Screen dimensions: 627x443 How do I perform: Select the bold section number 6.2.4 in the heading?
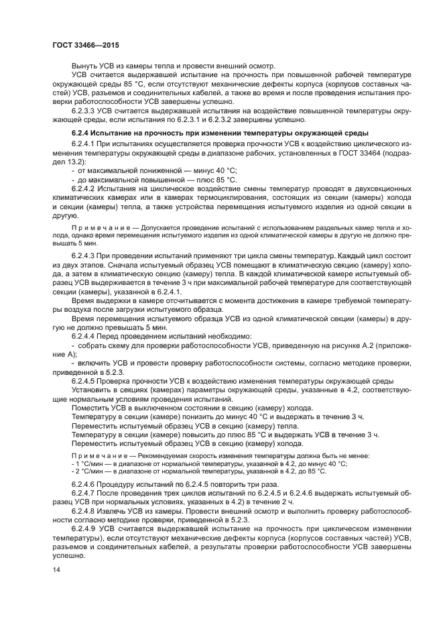82,133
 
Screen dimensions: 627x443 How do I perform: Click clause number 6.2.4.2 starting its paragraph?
86,190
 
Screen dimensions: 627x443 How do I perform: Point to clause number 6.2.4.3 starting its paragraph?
86,258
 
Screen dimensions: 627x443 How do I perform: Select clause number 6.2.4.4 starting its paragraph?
86,335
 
